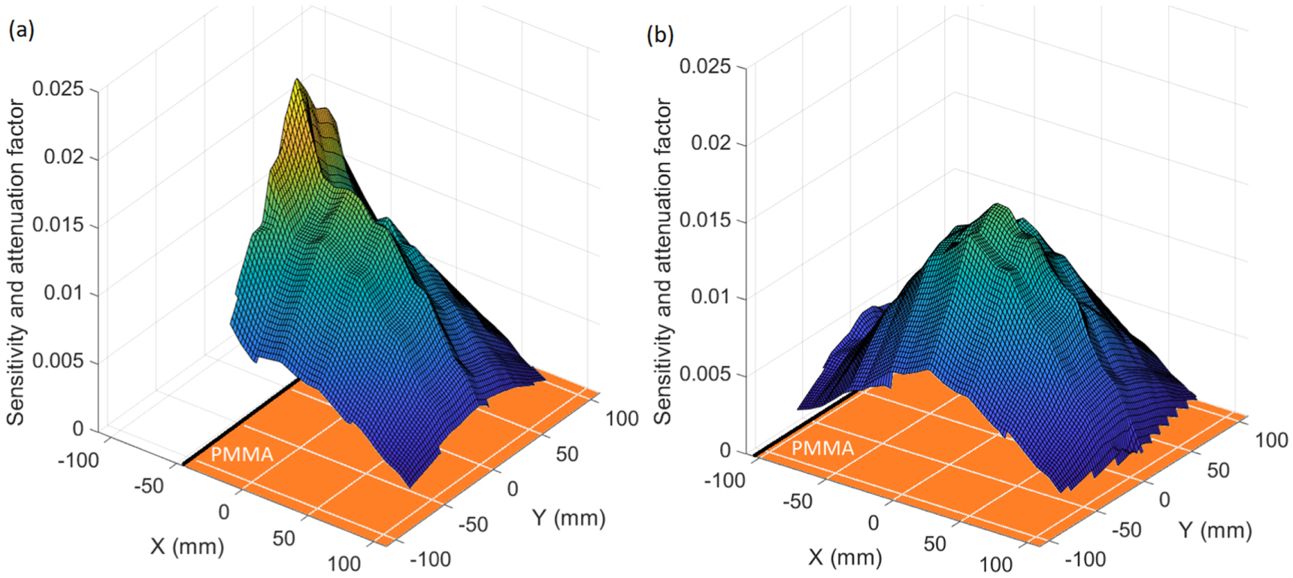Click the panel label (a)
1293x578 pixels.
pos(21,29)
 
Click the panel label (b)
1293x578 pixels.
pos(660,35)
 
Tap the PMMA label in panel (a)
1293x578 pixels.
pos(241,455)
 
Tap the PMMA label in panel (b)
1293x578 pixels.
pos(822,449)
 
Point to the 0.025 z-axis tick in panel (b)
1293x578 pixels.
pos(704,66)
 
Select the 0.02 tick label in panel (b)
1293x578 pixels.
pos(710,143)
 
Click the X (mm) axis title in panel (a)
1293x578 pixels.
pos(187,546)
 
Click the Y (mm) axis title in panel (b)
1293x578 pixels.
pos(1215,530)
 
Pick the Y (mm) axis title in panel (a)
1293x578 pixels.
pos(568,518)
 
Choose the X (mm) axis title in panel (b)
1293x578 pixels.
pos(845,557)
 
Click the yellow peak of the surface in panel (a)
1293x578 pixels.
pos(298,83)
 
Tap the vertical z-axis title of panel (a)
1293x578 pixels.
pos(16,263)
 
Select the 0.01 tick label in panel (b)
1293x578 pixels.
pos(710,296)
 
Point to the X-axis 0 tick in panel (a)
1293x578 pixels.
pos(223,512)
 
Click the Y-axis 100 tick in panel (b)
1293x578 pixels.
pos(1271,440)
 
